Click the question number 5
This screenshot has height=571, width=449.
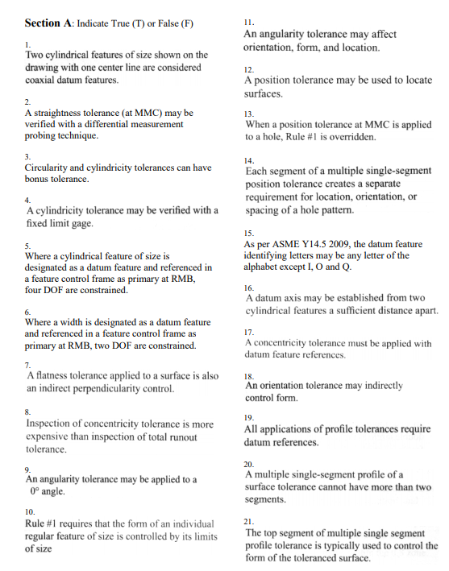click(x=28, y=245)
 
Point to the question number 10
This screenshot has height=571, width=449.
click(x=30, y=511)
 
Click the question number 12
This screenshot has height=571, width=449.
click(x=249, y=70)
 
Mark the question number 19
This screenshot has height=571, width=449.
click(x=249, y=416)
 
